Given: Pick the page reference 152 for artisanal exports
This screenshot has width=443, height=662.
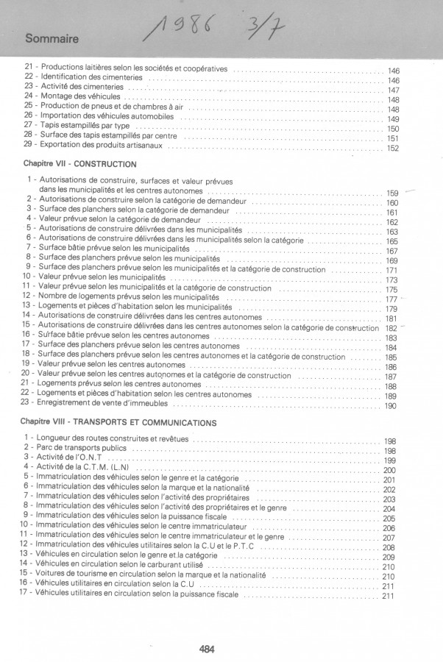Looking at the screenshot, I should [x=392, y=149].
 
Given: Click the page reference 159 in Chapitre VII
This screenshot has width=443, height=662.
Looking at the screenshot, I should [x=392, y=193].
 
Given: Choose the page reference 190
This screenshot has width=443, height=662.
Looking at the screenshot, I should [x=391, y=406].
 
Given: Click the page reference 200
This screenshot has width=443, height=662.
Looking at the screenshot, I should [x=390, y=470].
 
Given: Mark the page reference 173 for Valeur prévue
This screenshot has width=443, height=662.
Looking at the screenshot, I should [x=391, y=280].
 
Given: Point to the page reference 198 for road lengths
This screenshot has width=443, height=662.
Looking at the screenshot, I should [x=391, y=441].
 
